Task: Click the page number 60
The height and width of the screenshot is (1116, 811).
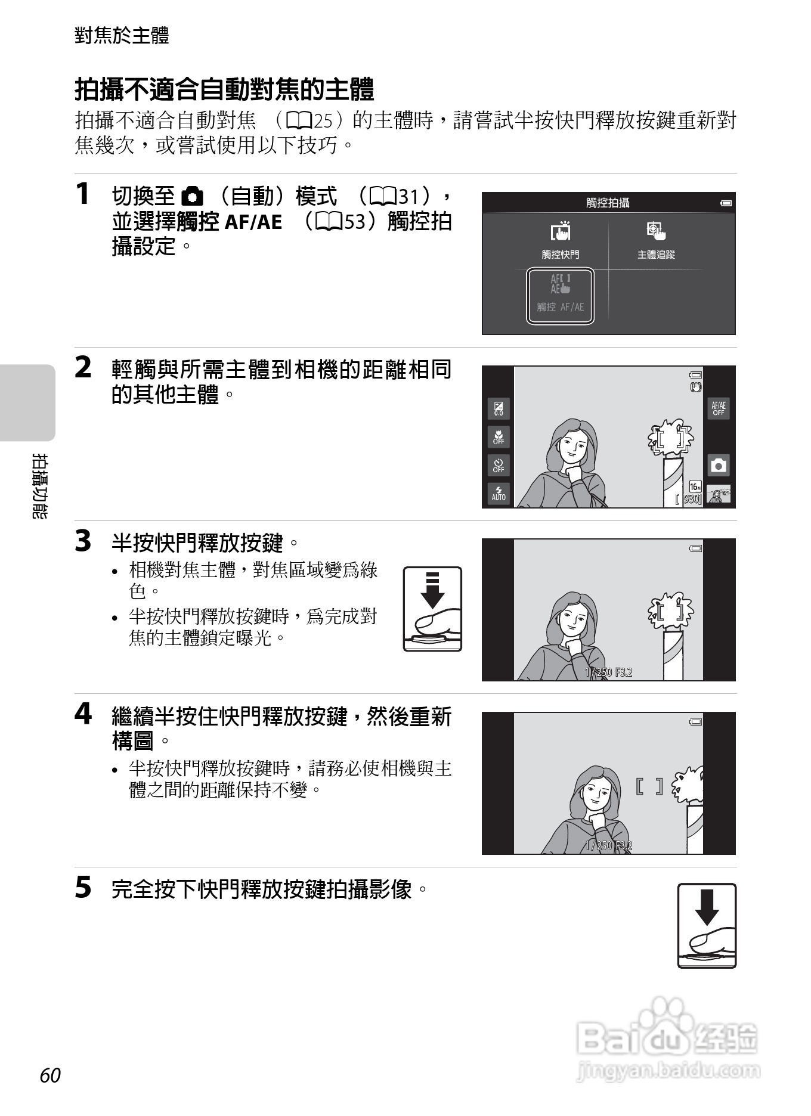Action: coord(51,1075)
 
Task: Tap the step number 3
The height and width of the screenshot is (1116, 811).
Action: coord(83,541)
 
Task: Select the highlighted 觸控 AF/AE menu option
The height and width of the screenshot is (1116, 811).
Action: coord(560,296)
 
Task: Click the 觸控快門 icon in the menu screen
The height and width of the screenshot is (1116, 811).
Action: coord(560,231)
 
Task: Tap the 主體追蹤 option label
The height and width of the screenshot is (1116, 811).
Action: coord(656,255)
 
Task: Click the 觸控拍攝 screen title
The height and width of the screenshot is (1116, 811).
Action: coord(608,203)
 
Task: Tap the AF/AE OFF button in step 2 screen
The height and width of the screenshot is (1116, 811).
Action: coord(719,408)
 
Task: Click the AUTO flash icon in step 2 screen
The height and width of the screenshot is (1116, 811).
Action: coord(499,494)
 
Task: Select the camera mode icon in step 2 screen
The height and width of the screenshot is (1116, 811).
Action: coord(719,465)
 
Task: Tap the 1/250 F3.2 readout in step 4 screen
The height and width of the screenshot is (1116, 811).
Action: coord(608,845)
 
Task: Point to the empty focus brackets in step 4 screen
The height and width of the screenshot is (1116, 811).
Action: coord(649,786)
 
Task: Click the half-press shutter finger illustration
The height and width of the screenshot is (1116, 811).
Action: coord(433,609)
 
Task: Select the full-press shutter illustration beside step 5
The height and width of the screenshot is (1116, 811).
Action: coord(707,925)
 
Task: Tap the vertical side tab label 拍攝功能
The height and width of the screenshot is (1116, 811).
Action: coord(40,486)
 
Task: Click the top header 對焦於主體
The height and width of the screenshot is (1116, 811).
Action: coord(122,35)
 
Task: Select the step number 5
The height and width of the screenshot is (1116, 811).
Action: coord(83,887)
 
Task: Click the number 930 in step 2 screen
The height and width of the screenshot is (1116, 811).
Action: coord(691,499)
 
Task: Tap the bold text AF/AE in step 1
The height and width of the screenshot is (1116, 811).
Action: coord(253,222)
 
